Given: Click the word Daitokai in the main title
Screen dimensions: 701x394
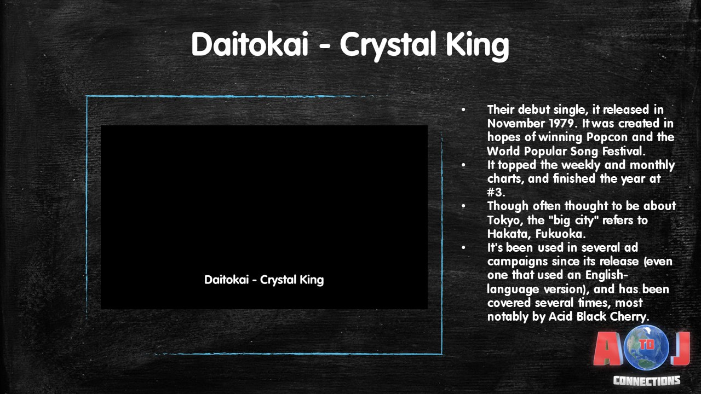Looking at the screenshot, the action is pyautogui.click(x=250, y=44).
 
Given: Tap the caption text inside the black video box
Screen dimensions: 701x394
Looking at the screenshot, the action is pyautogui.click(x=264, y=280).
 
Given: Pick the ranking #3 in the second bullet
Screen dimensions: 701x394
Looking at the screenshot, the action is pyautogui.click(x=496, y=192).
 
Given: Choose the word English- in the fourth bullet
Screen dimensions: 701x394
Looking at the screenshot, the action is pyautogui.click(x=607, y=275).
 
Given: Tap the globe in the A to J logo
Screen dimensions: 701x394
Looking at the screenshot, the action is pyautogui.click(x=647, y=347).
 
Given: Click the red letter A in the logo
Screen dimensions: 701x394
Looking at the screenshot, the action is pyautogui.click(x=608, y=349).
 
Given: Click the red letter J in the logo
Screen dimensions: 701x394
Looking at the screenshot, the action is pyautogui.click(x=681, y=349).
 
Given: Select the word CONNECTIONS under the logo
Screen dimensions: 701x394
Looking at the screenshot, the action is pyautogui.click(x=647, y=380).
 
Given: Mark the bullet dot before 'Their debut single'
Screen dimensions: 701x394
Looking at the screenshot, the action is pyautogui.click(x=463, y=110).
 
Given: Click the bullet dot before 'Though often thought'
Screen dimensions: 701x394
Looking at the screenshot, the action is pyautogui.click(x=463, y=206).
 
